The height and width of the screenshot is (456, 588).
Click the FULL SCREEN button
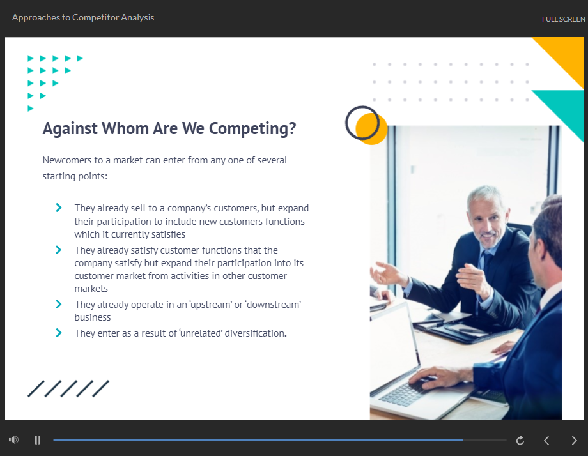click(563, 19)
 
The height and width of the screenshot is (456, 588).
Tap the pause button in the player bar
click(38, 440)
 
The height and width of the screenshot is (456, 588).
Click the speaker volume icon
click(13, 439)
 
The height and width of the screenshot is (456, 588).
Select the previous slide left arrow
click(546, 440)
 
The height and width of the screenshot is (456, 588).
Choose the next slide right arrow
click(574, 440)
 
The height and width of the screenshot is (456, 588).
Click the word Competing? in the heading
click(252, 128)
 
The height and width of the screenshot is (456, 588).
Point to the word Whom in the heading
click(125, 128)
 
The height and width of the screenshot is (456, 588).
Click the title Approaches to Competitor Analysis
click(83, 18)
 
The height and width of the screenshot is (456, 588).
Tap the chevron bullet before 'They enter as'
click(59, 333)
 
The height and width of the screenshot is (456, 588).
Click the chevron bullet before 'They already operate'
click(59, 304)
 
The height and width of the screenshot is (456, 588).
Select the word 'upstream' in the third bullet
click(211, 305)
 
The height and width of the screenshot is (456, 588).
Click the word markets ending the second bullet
click(91, 289)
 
